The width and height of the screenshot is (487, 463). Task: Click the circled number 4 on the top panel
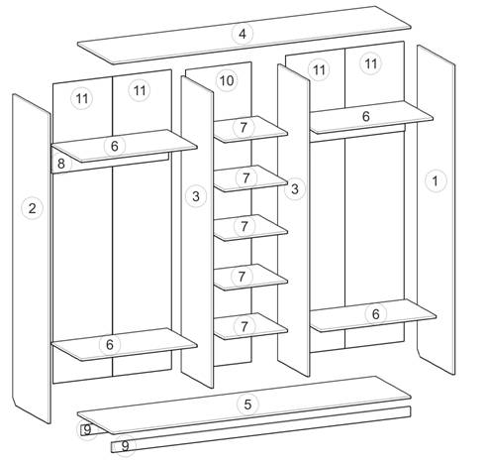point(243,34)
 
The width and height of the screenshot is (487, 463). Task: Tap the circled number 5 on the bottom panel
point(247,405)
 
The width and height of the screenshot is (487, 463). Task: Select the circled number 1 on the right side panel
point(436,180)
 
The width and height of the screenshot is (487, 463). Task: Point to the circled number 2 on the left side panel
point(32,208)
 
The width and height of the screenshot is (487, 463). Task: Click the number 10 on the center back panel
point(227,80)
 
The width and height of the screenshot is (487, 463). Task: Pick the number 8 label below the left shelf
point(61,164)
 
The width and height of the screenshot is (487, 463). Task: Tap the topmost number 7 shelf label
point(243,128)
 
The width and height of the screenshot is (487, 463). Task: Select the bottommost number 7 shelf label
point(244,326)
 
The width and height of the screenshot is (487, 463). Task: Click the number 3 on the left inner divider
point(196,196)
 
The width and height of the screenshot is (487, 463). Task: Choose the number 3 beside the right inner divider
point(295,189)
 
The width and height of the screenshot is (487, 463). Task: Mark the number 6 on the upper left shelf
point(115,146)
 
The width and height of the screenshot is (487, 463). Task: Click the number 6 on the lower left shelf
point(110,345)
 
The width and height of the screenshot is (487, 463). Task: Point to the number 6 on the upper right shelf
point(366,116)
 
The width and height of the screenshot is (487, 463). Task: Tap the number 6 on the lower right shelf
point(376,314)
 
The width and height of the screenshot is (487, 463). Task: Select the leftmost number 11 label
point(82,98)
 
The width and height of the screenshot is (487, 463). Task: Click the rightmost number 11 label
point(371,63)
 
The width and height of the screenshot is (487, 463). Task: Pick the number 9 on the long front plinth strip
point(125,446)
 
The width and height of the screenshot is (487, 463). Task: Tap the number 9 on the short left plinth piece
point(87,430)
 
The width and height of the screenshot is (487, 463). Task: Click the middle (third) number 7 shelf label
point(244,227)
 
